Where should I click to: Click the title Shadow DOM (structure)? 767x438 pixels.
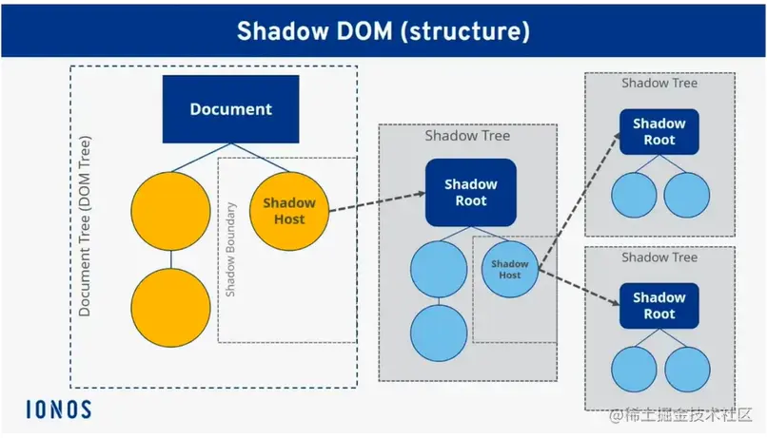(383, 30)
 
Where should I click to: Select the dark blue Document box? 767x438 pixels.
(231, 109)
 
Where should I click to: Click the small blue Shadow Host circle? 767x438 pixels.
(510, 269)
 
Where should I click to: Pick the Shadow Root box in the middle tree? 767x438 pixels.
(471, 192)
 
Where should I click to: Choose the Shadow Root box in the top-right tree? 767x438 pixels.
(659, 131)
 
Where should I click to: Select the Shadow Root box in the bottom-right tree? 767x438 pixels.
(659, 306)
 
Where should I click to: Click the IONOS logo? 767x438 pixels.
(58, 409)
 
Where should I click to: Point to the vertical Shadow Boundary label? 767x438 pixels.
(230, 249)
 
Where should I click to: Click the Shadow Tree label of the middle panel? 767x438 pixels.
(467, 136)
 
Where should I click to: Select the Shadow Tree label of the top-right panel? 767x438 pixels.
(659, 83)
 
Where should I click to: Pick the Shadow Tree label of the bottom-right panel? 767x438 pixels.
(659, 257)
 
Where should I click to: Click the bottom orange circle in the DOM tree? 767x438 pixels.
(170, 308)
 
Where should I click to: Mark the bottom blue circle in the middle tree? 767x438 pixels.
(439, 330)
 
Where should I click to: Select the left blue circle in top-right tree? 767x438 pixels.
(633, 195)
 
